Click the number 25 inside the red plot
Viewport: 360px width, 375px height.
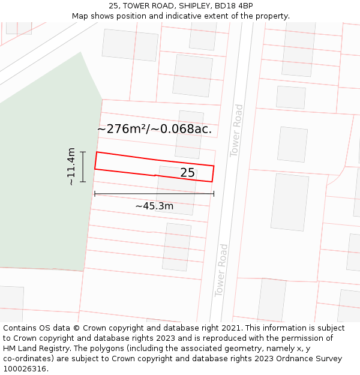pos(187,173)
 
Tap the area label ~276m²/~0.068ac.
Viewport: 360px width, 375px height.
pos(154,129)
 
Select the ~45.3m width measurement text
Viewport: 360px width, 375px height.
pos(154,206)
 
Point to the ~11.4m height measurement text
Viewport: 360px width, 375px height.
pos(71,166)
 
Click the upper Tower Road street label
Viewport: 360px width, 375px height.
pos(238,131)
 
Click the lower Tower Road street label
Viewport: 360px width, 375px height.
pos(221,270)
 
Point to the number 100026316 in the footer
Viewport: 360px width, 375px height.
pos(25,369)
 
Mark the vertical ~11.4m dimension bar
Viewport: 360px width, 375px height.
pos(83,166)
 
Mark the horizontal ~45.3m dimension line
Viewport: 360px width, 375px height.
pos(154,194)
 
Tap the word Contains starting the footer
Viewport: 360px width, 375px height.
pos(20,328)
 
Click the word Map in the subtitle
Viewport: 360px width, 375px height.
pos(80,16)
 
